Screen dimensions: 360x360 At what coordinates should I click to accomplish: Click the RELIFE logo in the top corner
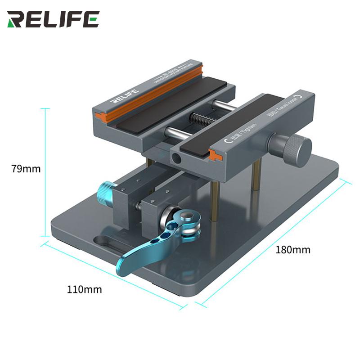coord(53,19)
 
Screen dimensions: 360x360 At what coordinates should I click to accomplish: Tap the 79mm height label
coord(26,169)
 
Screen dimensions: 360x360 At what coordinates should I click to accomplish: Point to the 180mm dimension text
coord(293,250)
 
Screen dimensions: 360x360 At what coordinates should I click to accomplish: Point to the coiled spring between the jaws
coord(202,120)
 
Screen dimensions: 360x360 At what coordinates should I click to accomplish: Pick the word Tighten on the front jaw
coord(248,130)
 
